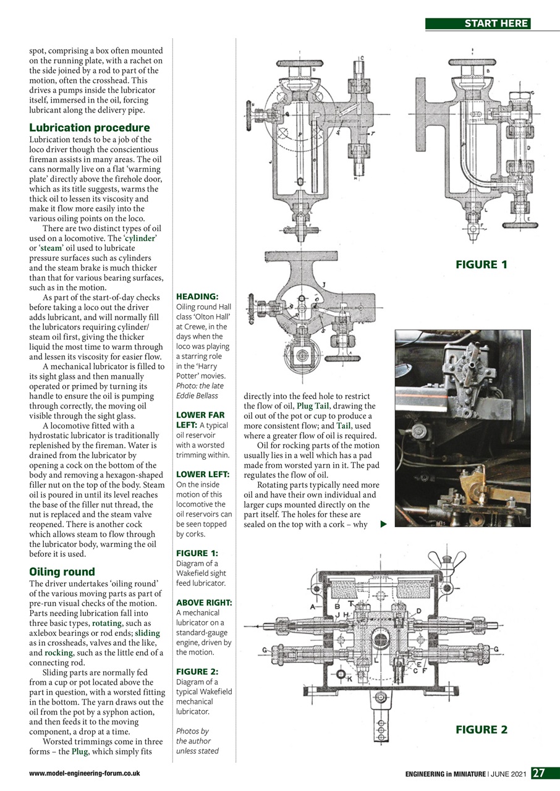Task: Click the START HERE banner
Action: pyautogui.click(x=478, y=23)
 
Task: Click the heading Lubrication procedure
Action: pyautogui.click(x=90, y=128)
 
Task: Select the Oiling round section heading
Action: pyautogui.click(x=62, y=572)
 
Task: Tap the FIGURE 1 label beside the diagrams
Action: pyautogui.click(x=481, y=264)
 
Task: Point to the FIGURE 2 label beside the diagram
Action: pyautogui.click(x=481, y=730)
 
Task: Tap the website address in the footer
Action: pyautogui.click(x=84, y=773)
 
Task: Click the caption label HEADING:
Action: pyautogui.click(x=197, y=297)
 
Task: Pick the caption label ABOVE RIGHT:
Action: pyautogui.click(x=204, y=602)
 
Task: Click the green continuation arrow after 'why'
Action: pyautogui.click(x=383, y=525)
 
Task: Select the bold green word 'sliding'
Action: pyautogui.click(x=147, y=633)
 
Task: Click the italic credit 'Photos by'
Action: pyautogui.click(x=193, y=730)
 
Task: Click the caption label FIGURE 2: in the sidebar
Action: pyautogui.click(x=197, y=671)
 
